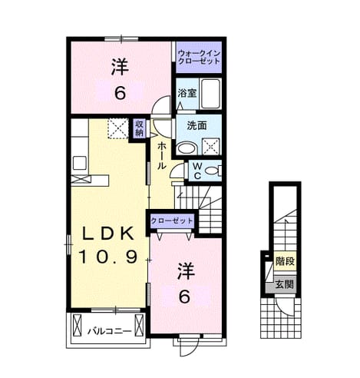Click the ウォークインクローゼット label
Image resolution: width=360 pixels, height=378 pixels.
coord(199,58)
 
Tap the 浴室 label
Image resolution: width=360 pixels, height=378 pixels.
coord(187,93)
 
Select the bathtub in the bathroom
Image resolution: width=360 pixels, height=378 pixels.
coord(210,93)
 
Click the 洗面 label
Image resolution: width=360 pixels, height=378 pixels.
coord(197,125)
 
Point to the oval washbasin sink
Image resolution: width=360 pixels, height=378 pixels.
coord(187,148)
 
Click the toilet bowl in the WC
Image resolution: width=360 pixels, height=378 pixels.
coord(213,171)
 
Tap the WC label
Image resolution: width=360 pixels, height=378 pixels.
coord(197,171)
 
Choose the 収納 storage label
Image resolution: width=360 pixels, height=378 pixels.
coord(140,128)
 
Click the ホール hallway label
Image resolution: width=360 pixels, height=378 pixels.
coord(162,156)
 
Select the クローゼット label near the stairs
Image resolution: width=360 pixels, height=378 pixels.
coord(172,220)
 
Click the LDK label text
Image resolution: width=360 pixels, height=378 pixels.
coord(107,233)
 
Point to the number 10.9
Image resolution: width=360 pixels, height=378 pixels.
coord(108,257)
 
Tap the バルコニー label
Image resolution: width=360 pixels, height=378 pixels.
coord(110,331)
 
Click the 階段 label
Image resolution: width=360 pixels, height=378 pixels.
coord(285,261)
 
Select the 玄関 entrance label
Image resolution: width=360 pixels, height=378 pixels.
coord(284,284)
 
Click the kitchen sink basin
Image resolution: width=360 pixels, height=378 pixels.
coord(80,163)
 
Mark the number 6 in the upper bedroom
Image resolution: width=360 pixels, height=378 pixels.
coord(120,93)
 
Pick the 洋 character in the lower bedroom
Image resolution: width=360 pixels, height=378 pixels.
coord(187,271)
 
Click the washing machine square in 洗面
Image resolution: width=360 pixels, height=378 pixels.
coord(211,147)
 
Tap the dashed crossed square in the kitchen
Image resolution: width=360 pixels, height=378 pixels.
coord(117,128)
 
